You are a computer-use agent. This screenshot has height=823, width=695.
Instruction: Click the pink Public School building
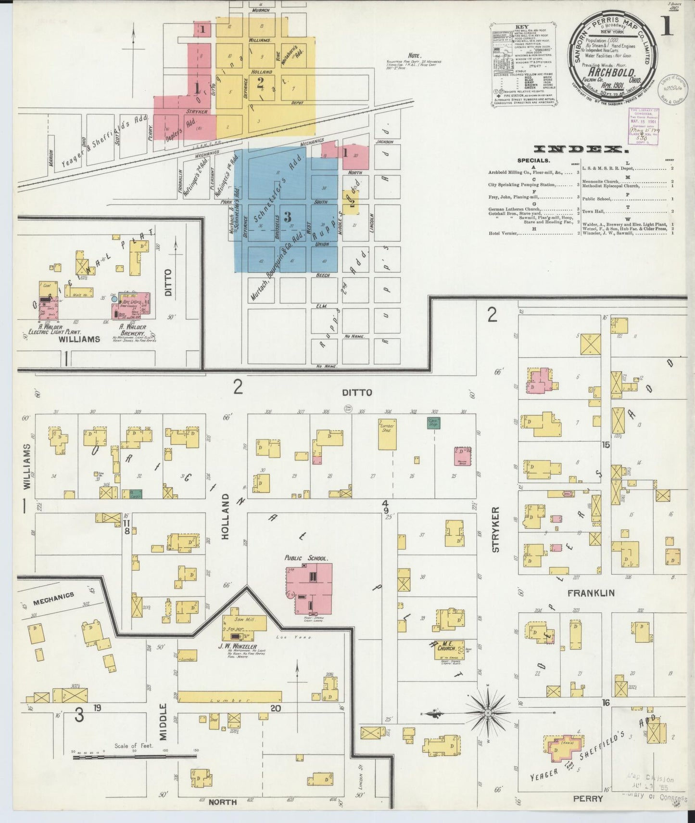[x=310, y=588]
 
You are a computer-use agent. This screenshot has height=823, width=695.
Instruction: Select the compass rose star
[x=488, y=712]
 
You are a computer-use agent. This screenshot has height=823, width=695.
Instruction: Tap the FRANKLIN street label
[x=591, y=593]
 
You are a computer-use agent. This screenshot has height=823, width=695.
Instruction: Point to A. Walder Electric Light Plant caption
[x=54, y=330]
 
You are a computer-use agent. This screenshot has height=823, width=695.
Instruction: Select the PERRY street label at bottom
[x=588, y=798]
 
